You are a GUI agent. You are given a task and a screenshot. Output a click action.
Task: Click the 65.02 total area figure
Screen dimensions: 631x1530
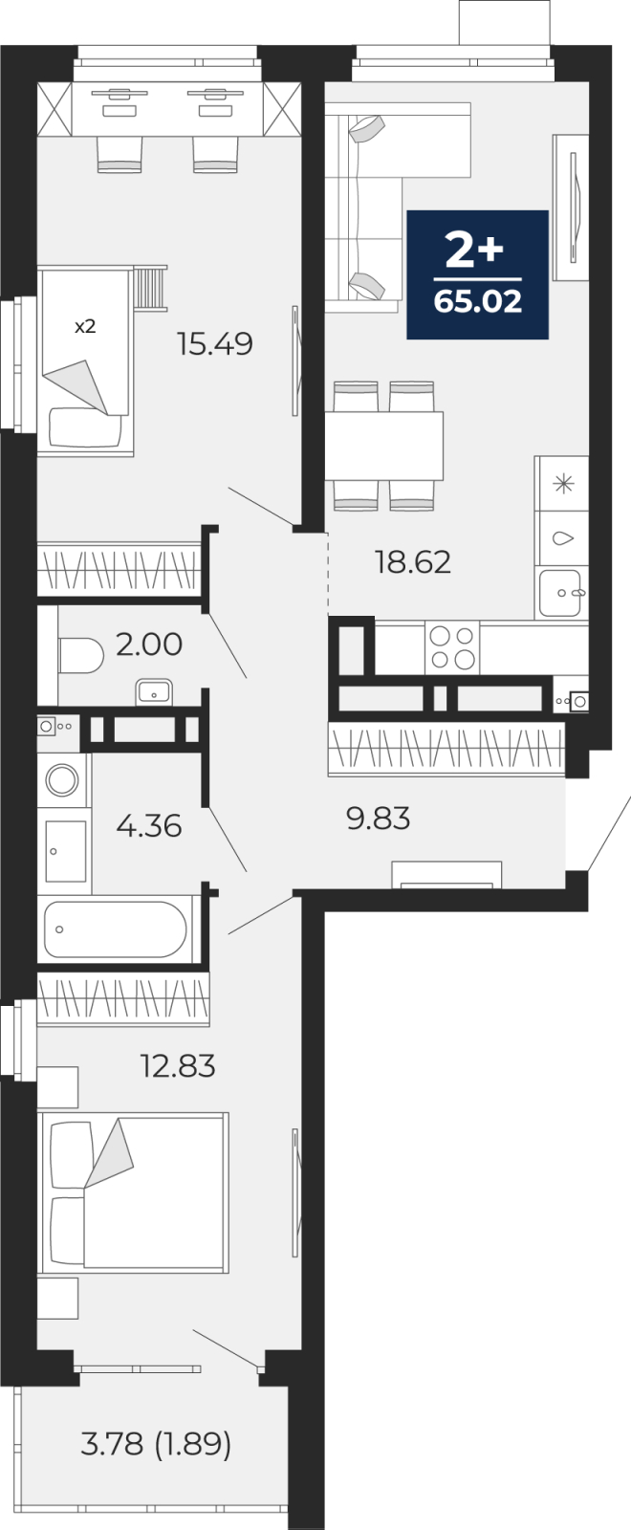point(477,300)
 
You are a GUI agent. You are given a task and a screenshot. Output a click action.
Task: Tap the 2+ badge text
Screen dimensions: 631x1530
point(474,250)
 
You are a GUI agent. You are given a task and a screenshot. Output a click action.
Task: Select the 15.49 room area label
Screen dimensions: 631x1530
point(214,343)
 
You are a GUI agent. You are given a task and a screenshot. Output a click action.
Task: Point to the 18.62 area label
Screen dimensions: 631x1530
point(413,562)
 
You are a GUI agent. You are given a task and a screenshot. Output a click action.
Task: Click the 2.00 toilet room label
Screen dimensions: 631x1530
point(149,645)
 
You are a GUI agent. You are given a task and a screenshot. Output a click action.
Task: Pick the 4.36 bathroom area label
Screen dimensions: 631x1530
point(149,826)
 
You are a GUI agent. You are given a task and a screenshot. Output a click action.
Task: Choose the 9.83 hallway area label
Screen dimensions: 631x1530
point(379,819)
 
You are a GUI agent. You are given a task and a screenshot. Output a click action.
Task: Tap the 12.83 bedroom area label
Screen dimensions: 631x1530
point(178,1065)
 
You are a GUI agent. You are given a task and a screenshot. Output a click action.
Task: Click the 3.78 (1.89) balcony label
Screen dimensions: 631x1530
point(156,1444)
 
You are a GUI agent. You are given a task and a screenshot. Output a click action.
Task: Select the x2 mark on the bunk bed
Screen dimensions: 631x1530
point(85,326)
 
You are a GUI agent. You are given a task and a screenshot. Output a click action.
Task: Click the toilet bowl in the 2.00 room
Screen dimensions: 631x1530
point(80,656)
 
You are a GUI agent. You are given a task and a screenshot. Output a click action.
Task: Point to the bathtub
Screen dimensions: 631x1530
point(116,929)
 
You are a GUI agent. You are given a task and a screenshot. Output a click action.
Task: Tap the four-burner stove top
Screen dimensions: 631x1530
point(452,647)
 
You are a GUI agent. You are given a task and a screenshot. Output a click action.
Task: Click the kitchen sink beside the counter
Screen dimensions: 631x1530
point(560,593)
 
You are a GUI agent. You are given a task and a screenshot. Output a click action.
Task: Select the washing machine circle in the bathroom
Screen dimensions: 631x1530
point(62,778)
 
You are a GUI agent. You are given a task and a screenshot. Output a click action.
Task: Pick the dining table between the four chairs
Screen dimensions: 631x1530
point(383,446)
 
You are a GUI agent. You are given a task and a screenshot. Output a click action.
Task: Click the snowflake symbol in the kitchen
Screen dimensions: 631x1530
point(563,484)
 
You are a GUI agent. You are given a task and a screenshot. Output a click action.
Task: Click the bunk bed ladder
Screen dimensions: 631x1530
point(149,288)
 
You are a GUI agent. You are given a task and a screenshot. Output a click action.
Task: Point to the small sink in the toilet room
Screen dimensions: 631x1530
point(154,692)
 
